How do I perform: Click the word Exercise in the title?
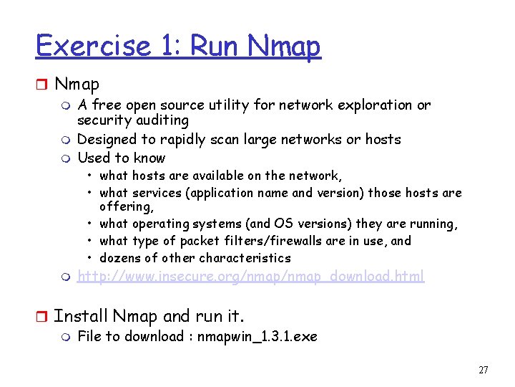(x=92, y=46)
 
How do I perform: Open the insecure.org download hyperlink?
(x=250, y=276)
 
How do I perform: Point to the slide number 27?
(x=483, y=371)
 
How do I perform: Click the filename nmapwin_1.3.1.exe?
(x=257, y=336)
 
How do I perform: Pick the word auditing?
(x=163, y=120)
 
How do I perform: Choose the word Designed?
(x=106, y=139)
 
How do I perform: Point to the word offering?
(x=126, y=207)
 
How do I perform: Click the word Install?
(x=80, y=316)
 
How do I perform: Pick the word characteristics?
(x=245, y=258)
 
